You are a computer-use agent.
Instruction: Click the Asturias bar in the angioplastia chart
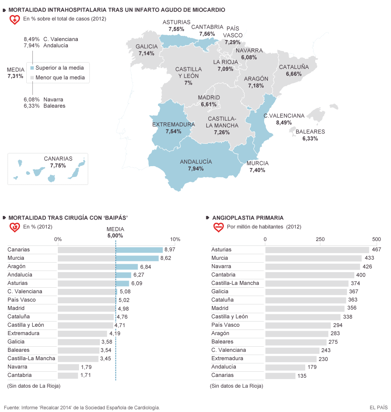(x=317, y=250)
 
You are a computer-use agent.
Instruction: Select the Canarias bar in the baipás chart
(x=110, y=250)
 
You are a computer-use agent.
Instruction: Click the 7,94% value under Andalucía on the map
(x=196, y=169)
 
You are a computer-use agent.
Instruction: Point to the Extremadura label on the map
(x=174, y=124)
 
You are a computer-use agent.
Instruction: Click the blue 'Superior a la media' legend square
(x=32, y=68)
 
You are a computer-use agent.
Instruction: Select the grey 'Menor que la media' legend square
(x=32, y=78)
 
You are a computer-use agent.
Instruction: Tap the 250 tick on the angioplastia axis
(x=320, y=239)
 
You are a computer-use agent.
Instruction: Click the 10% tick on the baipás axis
(x=175, y=239)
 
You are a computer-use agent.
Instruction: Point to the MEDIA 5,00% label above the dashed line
(x=115, y=232)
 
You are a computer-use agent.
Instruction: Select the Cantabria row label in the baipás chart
(x=20, y=375)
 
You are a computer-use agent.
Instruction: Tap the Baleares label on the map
(x=310, y=132)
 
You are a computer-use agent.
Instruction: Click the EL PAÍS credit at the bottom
(x=378, y=407)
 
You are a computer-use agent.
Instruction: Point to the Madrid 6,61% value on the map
(x=209, y=104)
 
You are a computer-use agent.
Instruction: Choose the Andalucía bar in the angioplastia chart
(x=285, y=367)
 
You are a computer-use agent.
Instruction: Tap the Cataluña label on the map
(x=294, y=67)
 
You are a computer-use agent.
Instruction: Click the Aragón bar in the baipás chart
(x=98, y=267)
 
